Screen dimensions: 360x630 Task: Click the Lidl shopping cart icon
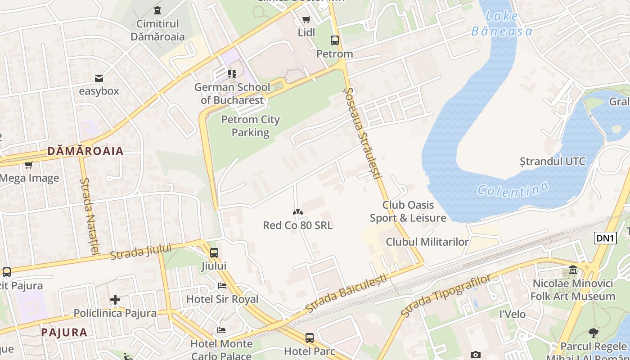coord(306,19)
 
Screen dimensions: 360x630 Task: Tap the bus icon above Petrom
coord(335,40)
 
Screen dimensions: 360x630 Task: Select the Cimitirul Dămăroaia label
coord(157,30)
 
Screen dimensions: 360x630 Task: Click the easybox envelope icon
coord(99,78)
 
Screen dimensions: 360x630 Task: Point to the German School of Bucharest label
coord(232,94)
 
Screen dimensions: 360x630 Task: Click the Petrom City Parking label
coord(250,126)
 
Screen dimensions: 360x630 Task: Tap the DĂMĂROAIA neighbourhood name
coord(85,151)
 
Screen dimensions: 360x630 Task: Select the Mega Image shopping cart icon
coord(29,165)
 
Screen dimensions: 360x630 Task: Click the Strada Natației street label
coord(89,216)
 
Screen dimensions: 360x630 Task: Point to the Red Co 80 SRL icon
coord(297,212)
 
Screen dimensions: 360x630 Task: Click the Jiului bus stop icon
coord(214,253)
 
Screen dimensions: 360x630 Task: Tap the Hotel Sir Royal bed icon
coord(222,286)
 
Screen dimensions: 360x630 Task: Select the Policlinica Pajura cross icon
coord(115,300)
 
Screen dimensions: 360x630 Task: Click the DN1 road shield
coord(605,238)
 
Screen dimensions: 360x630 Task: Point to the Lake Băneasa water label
coord(502,24)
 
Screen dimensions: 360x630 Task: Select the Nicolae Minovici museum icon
coord(573,270)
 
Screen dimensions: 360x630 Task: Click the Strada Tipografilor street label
coord(445,296)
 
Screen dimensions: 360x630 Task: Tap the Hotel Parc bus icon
coord(310,337)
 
